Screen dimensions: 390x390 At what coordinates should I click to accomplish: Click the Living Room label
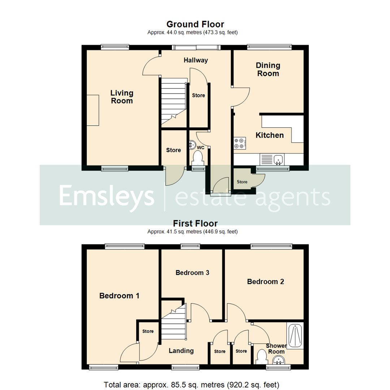pos(122,97)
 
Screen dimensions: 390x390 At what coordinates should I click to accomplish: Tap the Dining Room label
pos(268,69)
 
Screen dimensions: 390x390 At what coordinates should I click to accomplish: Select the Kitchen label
pos(270,135)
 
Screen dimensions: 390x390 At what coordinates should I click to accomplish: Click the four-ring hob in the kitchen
pos(240,143)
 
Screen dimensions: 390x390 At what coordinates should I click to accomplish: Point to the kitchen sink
pos(278,159)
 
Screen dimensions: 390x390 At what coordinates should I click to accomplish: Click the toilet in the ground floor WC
pos(198,158)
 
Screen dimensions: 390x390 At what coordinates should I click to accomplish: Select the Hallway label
pos(196,60)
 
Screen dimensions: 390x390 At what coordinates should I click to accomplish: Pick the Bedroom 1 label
pos(119,296)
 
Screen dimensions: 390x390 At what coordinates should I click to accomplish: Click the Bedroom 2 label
pos(265,282)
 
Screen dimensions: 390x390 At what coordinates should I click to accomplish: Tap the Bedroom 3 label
pos(192,273)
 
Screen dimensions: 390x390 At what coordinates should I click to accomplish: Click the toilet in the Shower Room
pos(261,357)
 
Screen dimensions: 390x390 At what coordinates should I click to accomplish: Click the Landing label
pos(181,351)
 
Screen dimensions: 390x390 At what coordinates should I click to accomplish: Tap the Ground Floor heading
pos(195,25)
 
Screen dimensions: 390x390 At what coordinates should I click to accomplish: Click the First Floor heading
pos(195,224)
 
